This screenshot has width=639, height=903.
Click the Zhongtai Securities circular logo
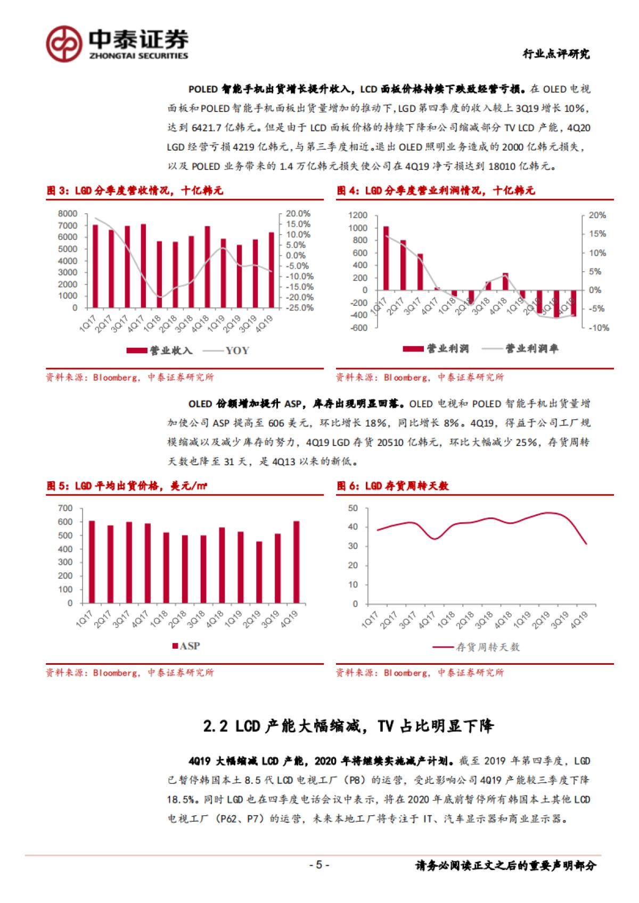[64, 44]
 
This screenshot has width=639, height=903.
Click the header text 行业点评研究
[556, 54]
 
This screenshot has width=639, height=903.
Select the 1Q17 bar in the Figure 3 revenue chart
[95, 266]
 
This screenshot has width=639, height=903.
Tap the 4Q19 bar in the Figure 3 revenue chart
[272, 270]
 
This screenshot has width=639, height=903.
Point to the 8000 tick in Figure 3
[68, 213]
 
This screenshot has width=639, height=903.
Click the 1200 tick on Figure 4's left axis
[357, 215]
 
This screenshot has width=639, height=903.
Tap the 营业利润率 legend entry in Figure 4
[531, 349]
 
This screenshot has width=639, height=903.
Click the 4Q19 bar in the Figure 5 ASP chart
[297, 562]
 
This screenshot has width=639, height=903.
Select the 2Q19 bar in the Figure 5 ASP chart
[259, 572]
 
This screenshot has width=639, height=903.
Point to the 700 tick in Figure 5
[65, 508]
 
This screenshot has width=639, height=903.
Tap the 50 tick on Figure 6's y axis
[353, 508]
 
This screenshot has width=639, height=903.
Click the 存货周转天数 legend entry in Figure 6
[487, 647]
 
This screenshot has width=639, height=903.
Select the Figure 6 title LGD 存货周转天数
[407, 486]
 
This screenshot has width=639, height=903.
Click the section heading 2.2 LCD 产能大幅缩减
[348, 726]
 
